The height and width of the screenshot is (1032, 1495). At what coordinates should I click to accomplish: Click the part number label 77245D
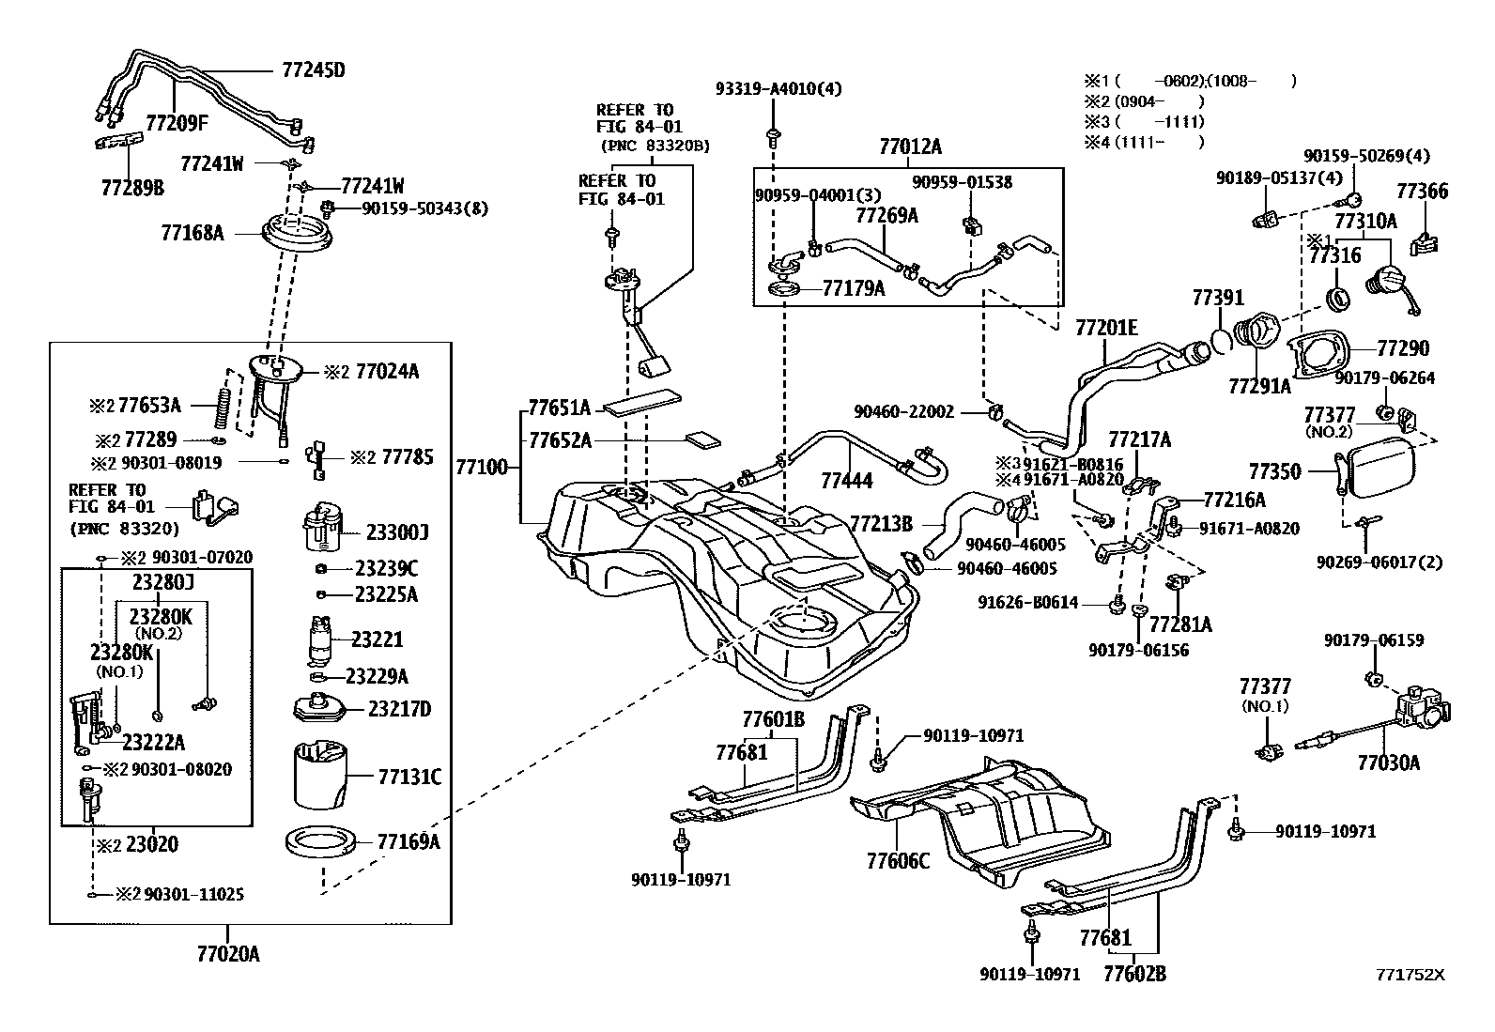[x=313, y=69]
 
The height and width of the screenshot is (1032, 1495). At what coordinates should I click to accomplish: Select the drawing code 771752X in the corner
[x=1410, y=975]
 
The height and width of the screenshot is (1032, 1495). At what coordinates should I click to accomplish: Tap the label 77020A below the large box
[x=228, y=954]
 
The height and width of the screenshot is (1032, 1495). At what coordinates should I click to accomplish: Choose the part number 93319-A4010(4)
[x=778, y=89]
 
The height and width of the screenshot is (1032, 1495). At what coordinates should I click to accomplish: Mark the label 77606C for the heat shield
[x=898, y=859]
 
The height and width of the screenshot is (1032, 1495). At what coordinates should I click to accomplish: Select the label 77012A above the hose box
[x=910, y=146]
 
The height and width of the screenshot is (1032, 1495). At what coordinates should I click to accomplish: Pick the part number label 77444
[x=846, y=481]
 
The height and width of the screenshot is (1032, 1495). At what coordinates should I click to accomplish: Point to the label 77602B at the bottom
[x=1134, y=974]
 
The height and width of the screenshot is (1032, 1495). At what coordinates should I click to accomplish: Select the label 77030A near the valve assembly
[x=1388, y=762]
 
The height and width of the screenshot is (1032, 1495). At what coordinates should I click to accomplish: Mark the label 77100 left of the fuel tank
[x=482, y=466]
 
